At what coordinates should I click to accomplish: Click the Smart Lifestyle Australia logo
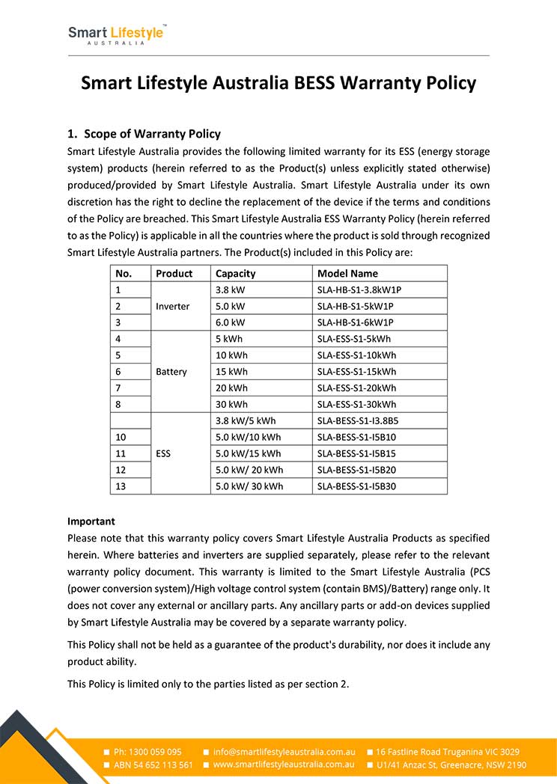pyautogui.click(x=117, y=34)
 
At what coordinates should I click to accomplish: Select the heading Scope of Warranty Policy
pyautogui.click(x=152, y=134)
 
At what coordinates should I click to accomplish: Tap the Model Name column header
pyautogui.click(x=347, y=274)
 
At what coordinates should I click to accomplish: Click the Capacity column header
pyautogui.click(x=235, y=274)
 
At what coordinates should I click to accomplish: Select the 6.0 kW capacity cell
pyautogui.click(x=230, y=322)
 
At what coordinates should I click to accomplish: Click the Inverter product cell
pyautogui.click(x=173, y=306)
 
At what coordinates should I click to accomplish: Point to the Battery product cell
pyautogui.click(x=171, y=372)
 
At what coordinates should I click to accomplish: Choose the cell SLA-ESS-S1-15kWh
pyautogui.click(x=356, y=372)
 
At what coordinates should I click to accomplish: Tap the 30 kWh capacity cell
pyautogui.click(x=231, y=404)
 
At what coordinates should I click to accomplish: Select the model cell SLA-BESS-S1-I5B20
pyautogui.click(x=356, y=470)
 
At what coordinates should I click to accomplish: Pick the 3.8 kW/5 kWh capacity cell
pyautogui.click(x=245, y=420)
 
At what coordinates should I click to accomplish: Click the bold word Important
pyautogui.click(x=91, y=521)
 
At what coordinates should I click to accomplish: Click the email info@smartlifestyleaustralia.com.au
pyautogui.click(x=284, y=752)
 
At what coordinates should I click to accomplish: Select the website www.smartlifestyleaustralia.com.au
pyautogui.click(x=284, y=765)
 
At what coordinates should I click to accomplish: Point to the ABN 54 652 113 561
pyautogui.click(x=153, y=765)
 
